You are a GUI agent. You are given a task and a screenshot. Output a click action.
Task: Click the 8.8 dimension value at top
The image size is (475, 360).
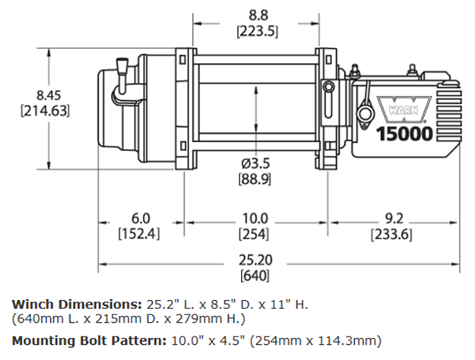pyautogui.click(x=255, y=13)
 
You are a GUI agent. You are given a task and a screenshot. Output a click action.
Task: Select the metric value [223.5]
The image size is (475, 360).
pyautogui.click(x=255, y=30)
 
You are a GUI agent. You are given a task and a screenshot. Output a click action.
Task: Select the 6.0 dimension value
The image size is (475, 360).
pyautogui.click(x=138, y=217)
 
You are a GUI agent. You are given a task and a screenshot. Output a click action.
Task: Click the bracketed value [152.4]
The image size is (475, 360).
pyautogui.click(x=138, y=234)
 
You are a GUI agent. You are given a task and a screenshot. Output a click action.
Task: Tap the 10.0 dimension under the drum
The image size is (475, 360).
pyautogui.click(x=255, y=218)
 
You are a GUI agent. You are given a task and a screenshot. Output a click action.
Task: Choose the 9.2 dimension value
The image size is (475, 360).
pyautogui.click(x=391, y=218)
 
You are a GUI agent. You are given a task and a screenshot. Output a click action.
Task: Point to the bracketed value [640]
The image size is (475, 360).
pyautogui.click(x=255, y=275)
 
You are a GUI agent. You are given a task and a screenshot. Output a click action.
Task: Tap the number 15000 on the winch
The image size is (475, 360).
pyautogui.click(x=406, y=134)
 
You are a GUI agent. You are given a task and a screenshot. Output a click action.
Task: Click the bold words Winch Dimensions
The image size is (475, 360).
pyautogui.click(x=76, y=304)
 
